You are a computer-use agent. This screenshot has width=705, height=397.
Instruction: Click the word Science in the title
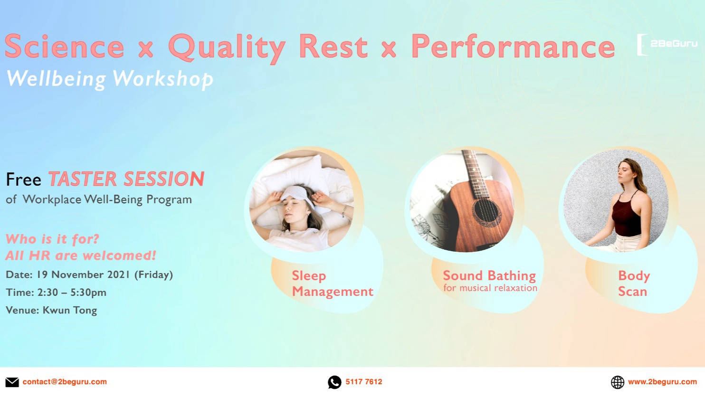64,47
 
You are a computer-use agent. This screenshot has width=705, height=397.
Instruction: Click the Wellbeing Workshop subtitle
109,78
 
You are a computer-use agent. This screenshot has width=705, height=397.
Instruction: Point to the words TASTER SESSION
126,180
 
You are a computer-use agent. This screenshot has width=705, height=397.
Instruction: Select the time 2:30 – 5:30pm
71,293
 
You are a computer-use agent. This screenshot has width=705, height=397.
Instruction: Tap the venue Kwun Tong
69,311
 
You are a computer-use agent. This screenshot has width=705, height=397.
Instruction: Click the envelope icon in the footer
12,382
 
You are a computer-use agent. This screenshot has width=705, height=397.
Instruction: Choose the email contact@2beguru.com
65,382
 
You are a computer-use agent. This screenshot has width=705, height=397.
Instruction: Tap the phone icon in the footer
334,382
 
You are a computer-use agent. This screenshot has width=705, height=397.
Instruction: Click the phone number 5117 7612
364,382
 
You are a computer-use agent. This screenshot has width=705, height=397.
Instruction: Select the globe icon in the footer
617,382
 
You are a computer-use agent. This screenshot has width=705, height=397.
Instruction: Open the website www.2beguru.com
662,382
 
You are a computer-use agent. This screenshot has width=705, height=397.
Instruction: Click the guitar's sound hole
485,213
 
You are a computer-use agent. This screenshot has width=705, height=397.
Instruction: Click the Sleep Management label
332,284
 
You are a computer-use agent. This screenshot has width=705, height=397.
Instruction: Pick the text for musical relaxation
490,288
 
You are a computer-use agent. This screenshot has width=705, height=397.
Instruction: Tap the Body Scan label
633,284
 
